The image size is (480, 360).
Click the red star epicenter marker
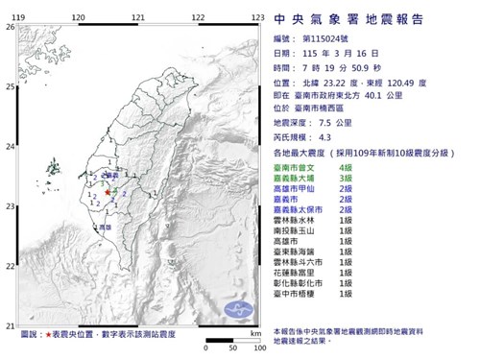point(106,192)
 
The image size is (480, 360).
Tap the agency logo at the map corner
point(238,309)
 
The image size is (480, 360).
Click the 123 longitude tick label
point(258,17)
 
